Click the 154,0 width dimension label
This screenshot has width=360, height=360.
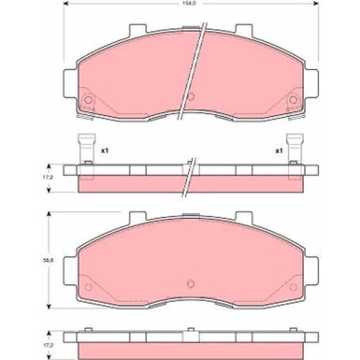point(191,6)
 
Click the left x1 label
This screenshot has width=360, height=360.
point(105,150)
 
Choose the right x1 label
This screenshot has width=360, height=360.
point(279,150)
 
